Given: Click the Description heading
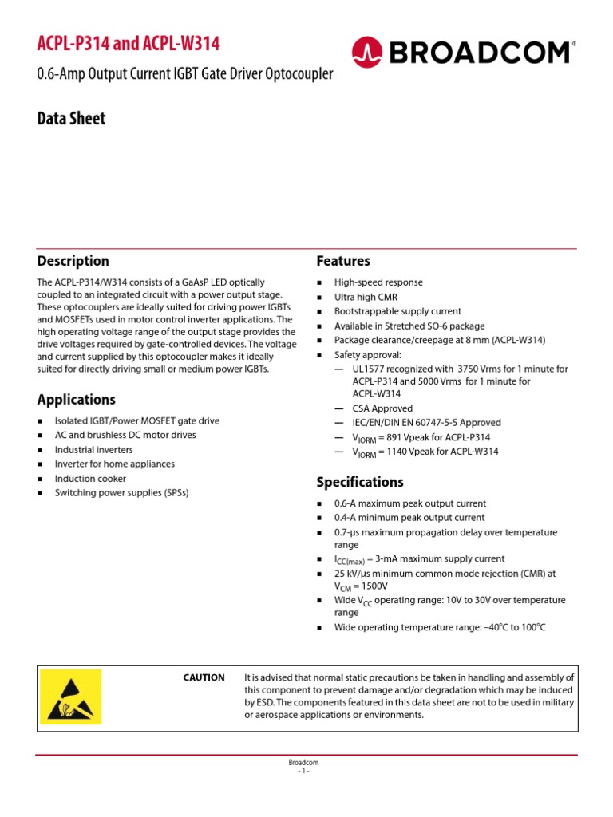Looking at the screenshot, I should pyautogui.click(x=73, y=261).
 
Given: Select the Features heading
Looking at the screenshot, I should pyautogui.click(x=343, y=261).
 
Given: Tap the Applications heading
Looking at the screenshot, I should pyautogui.click(x=77, y=400).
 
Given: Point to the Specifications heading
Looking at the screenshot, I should pyautogui.click(x=360, y=482).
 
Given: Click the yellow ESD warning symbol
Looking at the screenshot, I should pyautogui.click(x=70, y=695).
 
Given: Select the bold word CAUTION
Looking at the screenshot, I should pyautogui.click(x=204, y=677).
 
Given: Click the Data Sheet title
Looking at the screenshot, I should pyautogui.click(x=71, y=119).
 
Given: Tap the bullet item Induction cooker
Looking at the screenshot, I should pyautogui.click(x=90, y=479).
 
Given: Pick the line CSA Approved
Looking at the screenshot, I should pyautogui.click(x=383, y=408).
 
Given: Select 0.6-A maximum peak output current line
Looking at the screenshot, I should pyautogui.click(x=410, y=503).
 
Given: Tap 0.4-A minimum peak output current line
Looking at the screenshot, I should pyautogui.click(x=409, y=518).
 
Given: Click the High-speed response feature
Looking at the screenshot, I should pyautogui.click(x=378, y=282).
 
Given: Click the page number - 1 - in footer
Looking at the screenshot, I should pyautogui.click(x=303, y=771).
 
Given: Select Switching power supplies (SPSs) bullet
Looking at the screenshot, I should pyautogui.click(x=122, y=493).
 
